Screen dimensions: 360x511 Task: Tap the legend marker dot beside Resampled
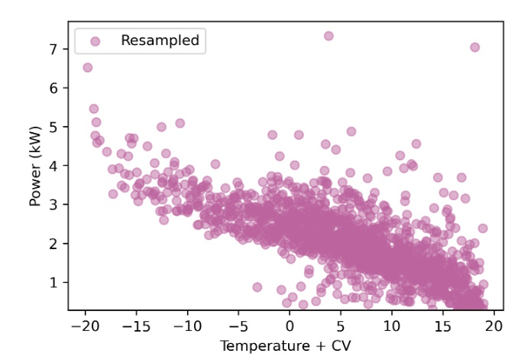95,41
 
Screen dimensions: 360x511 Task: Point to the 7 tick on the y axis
53,49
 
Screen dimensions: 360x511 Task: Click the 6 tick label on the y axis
53,88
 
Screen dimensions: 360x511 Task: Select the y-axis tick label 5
53,127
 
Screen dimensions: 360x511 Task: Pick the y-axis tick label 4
53,166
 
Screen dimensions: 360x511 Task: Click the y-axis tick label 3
53,205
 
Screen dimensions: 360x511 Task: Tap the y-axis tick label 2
53,244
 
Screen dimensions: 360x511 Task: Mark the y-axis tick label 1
53,283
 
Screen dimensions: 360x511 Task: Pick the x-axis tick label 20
494,326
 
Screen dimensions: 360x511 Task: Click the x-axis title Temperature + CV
286,346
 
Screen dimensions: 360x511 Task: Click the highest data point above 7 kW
328,36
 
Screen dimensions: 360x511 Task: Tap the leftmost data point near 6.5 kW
88,67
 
